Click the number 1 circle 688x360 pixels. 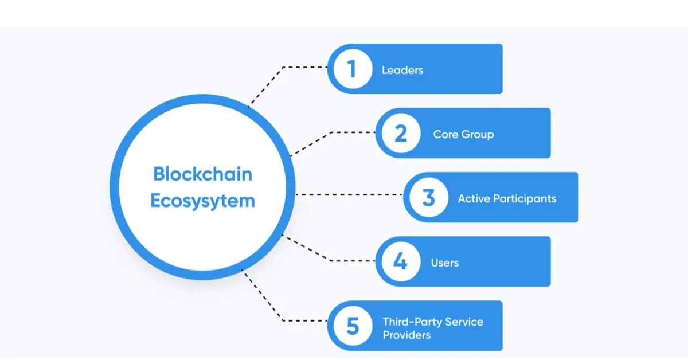[352, 69]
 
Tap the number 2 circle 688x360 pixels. [400, 134]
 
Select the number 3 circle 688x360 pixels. [428, 198]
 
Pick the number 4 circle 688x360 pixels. [400, 262]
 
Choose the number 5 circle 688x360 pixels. [352, 326]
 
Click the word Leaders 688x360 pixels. [402, 70]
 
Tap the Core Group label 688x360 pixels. [463, 135]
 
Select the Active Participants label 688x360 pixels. [507, 199]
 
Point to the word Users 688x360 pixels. [445, 263]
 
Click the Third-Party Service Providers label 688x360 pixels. [433, 328]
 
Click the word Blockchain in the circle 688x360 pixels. [202, 174]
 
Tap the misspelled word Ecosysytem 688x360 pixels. [202, 201]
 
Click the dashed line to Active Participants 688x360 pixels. [350, 195]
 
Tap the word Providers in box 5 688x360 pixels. [406, 334]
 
